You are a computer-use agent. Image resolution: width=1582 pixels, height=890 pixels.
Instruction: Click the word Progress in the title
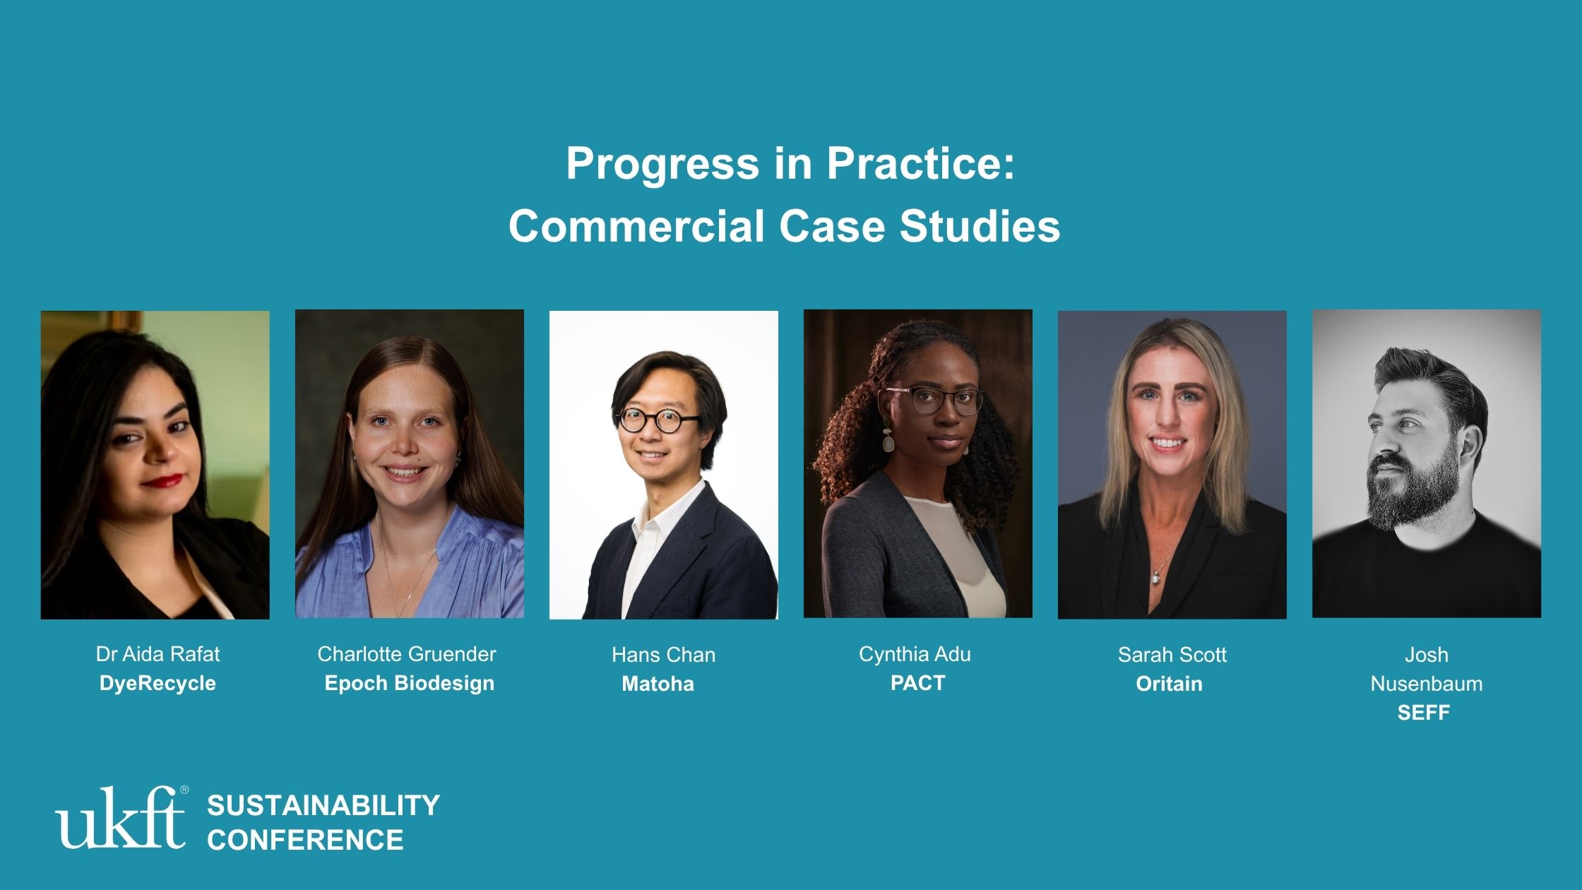662,164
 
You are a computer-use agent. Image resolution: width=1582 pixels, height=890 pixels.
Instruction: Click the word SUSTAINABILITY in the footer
323,805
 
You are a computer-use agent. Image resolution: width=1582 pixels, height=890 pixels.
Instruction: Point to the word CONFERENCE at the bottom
305,840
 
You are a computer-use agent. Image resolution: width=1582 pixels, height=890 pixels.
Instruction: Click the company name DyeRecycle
157,683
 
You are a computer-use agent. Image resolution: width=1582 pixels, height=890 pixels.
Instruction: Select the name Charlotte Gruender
407,654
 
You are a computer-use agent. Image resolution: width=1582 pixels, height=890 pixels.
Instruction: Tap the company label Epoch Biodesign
410,683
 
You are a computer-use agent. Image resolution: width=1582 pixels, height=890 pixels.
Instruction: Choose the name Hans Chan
664,655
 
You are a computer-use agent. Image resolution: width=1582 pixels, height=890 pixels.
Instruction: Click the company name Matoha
658,684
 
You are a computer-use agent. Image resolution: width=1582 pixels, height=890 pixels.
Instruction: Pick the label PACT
917,683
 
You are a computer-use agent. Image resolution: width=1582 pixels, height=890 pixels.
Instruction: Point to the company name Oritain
1169,684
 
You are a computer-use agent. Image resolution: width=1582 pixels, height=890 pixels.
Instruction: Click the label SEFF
1423,713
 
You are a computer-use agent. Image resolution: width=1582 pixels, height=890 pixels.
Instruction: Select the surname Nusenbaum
1427,684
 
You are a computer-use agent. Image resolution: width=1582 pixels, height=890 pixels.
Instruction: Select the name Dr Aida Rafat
157,654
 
